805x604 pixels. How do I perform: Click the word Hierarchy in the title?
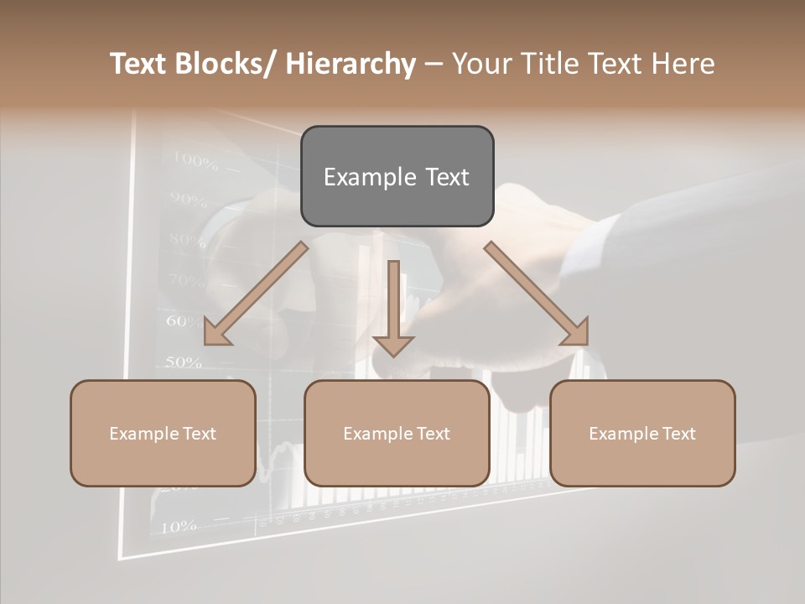[351, 64]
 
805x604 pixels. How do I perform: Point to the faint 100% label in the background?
[195, 160]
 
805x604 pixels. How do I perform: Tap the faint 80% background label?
[187, 241]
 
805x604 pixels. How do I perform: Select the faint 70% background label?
[186, 280]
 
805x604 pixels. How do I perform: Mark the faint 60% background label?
[184, 321]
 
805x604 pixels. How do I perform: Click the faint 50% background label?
[183, 362]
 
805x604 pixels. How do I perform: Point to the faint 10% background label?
[178, 527]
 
